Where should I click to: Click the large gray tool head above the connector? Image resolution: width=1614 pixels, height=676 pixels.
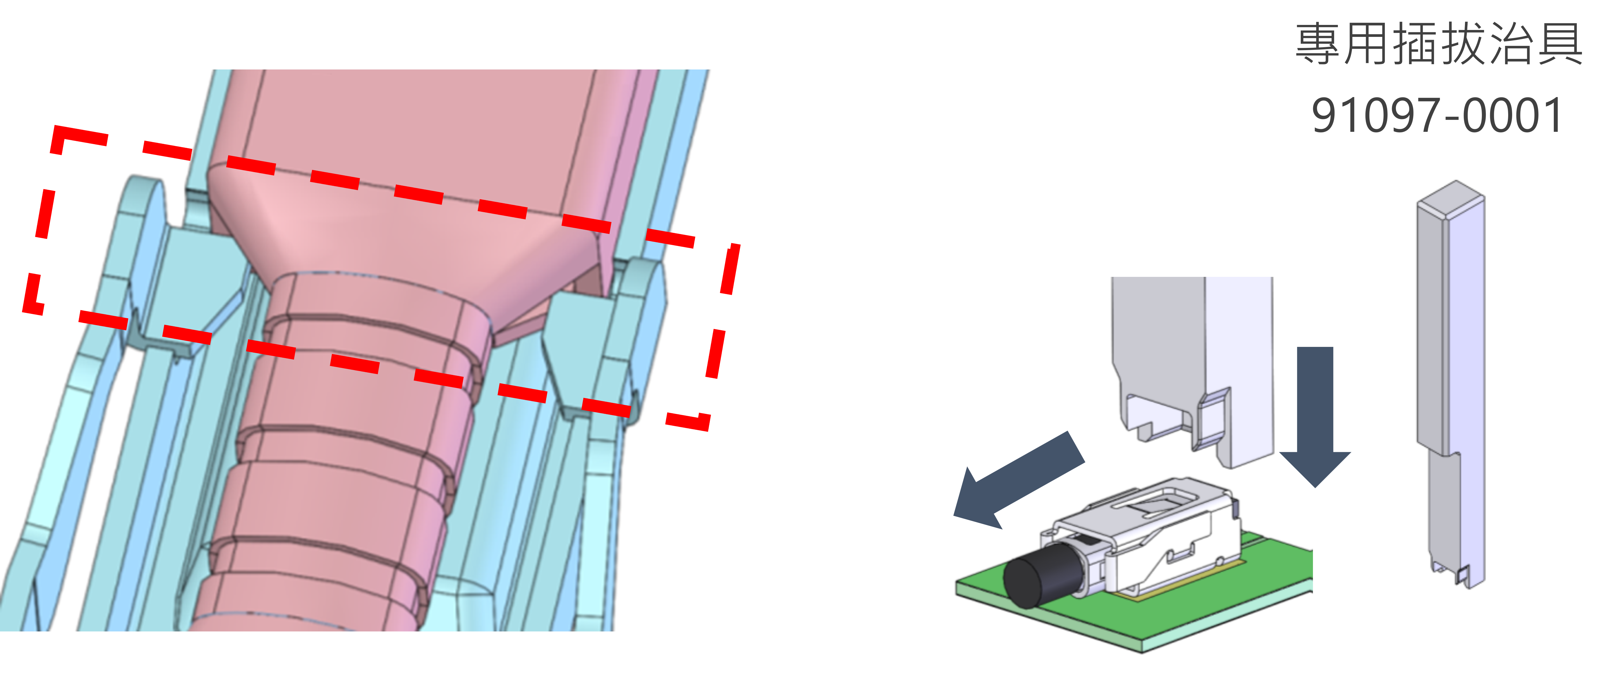pyautogui.click(x=1192, y=370)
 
